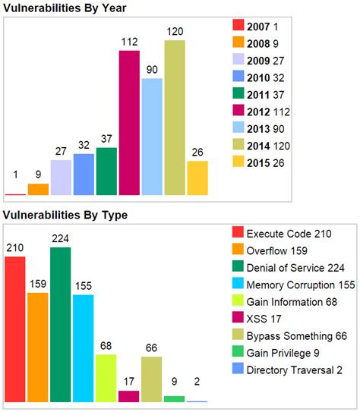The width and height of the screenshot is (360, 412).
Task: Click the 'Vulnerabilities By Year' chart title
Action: (65, 8)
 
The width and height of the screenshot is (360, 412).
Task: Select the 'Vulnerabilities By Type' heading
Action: (65, 215)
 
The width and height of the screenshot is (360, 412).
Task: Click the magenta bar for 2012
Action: (129, 123)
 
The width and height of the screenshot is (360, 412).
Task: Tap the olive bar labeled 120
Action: (175, 118)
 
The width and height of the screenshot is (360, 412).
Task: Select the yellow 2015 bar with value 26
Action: (197, 178)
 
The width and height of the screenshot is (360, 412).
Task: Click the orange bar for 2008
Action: (38, 189)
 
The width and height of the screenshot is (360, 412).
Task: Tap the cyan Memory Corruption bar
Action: (84, 348)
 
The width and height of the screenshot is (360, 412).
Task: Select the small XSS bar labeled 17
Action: (129, 395)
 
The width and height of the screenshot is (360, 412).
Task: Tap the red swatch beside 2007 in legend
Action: (238, 27)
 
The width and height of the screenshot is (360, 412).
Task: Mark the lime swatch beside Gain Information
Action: (238, 301)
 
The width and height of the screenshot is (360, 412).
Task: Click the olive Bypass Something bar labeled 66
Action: (152, 378)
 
